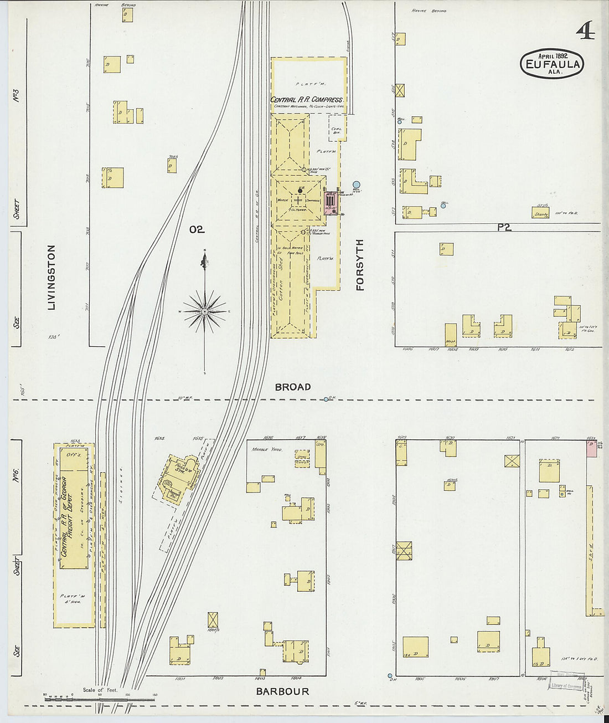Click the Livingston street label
coord(51,277)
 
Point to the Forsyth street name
coord(360,265)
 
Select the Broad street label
coord(293,387)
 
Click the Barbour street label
coord(282,691)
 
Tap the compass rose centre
coord(205,311)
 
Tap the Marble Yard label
coord(268,449)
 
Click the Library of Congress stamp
coord(565,686)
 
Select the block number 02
coord(197,229)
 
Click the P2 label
coord(503,227)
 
